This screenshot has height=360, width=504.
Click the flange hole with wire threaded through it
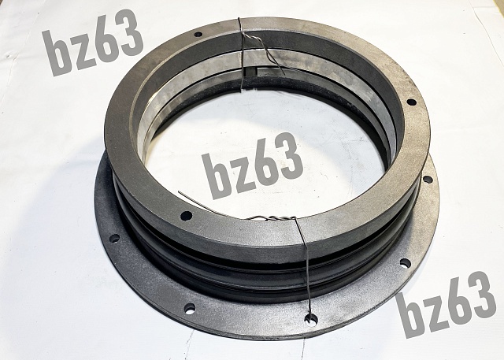tap(311, 319)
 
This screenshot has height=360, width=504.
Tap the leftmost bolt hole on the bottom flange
tap(114, 238)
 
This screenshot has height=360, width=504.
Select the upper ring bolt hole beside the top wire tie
tap(198, 34)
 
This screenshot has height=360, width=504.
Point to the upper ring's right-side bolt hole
tap(411, 102)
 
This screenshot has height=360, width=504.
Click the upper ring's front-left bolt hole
tap(187, 215)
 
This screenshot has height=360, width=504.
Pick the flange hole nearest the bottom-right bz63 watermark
tap(406, 263)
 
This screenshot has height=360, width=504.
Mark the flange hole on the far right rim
tap(428, 180)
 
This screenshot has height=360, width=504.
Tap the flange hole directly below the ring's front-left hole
tap(190, 309)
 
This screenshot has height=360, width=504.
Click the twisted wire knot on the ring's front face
tap(270, 218)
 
